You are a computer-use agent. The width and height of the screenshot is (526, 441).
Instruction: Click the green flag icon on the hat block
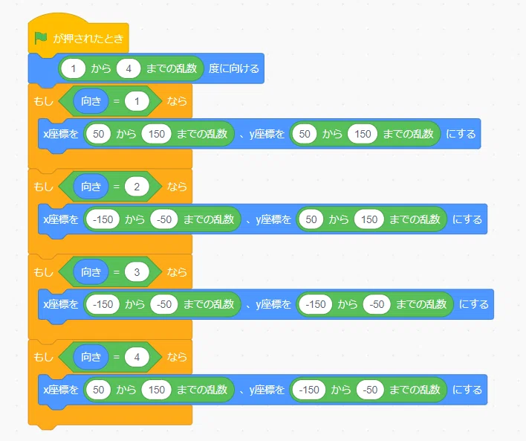(x=41, y=38)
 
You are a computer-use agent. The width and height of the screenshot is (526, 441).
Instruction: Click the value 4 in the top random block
(x=129, y=69)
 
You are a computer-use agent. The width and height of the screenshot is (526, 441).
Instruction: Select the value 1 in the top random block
(x=73, y=69)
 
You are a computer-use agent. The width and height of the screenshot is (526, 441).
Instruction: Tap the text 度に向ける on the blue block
(x=234, y=68)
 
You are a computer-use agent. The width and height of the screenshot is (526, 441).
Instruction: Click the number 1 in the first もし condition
(x=137, y=101)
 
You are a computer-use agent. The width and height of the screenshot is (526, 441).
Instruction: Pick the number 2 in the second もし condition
(x=137, y=187)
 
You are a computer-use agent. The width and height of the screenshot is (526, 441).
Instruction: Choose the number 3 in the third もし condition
(x=137, y=271)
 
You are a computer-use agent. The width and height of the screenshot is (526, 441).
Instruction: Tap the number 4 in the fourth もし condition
(x=137, y=357)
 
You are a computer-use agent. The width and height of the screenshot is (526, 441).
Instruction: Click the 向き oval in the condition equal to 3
(x=91, y=271)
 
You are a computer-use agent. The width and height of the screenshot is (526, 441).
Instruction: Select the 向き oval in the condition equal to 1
(x=91, y=101)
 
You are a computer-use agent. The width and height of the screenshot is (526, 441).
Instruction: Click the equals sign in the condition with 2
(x=117, y=187)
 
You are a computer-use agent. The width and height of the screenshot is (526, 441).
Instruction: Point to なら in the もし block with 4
(x=177, y=357)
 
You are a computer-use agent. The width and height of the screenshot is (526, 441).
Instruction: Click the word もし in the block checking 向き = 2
(x=43, y=187)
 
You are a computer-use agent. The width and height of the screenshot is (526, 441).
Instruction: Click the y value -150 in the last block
(x=309, y=390)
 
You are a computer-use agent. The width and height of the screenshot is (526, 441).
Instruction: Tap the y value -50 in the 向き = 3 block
(x=377, y=304)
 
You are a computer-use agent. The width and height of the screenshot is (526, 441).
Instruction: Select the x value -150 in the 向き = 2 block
(x=103, y=219)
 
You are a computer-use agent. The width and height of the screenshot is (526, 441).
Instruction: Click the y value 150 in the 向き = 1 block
(x=363, y=134)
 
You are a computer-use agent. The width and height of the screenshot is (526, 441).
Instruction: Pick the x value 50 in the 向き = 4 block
(x=98, y=390)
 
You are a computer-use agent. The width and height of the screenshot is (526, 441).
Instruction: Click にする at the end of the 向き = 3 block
(x=474, y=304)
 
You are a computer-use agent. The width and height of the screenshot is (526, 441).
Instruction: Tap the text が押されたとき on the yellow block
(x=88, y=39)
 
